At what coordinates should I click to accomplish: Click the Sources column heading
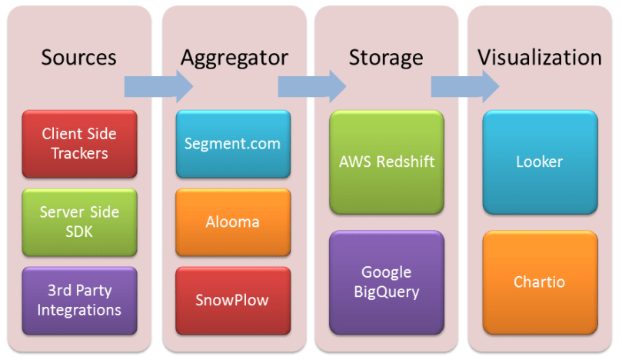click(x=79, y=57)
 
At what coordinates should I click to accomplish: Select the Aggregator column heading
click(x=234, y=57)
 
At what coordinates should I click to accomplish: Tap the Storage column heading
click(x=386, y=57)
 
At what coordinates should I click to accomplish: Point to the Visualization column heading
click(x=540, y=57)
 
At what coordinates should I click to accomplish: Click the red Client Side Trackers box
click(x=79, y=144)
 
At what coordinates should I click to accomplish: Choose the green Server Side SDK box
click(x=79, y=222)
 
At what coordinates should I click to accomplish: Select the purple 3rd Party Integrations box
click(x=79, y=300)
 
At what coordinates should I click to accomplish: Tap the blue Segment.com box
click(x=233, y=144)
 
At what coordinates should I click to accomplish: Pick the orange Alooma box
click(x=233, y=222)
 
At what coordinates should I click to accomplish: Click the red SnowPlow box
click(x=233, y=300)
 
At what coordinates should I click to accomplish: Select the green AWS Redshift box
click(x=387, y=162)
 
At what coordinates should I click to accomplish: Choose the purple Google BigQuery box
click(x=387, y=282)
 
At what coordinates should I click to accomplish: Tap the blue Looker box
click(x=540, y=162)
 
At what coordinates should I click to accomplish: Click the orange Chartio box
click(x=540, y=282)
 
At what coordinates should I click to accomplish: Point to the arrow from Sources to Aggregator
click(x=158, y=85)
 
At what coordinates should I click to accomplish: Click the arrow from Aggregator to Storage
click(x=311, y=85)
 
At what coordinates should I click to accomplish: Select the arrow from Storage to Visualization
click(x=464, y=85)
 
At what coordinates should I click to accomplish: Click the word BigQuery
click(x=387, y=292)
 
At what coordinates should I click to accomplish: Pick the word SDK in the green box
click(x=79, y=231)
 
